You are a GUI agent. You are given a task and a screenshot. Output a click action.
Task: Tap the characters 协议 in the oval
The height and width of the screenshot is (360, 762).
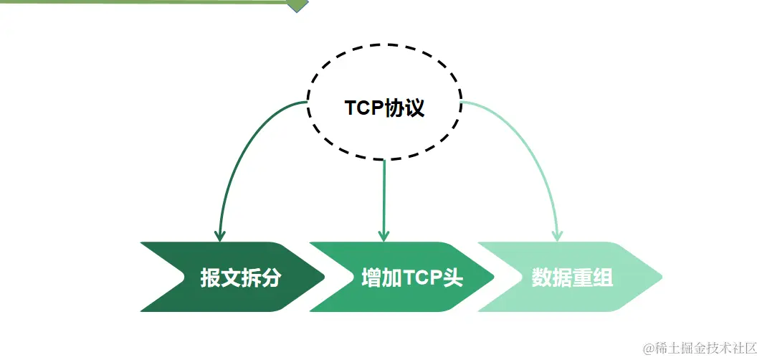(x=406, y=108)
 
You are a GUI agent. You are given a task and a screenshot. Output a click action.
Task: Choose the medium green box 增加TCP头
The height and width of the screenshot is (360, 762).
(x=401, y=278)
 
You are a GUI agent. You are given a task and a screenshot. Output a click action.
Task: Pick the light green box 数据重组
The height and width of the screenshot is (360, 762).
(x=570, y=278)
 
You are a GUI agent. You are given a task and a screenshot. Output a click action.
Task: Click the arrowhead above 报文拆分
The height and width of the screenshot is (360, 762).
(x=220, y=235)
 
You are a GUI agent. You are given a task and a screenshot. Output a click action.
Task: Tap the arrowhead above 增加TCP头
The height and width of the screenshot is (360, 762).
(x=384, y=235)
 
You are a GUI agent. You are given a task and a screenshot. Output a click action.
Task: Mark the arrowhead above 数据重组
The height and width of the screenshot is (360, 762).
(x=557, y=235)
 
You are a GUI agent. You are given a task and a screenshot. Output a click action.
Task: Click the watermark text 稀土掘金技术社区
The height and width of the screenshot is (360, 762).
(x=706, y=349)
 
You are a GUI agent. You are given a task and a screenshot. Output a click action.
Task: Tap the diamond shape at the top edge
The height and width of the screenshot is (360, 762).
(x=296, y=4)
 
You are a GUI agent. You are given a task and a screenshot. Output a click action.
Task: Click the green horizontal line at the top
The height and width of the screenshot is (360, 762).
(x=143, y=2)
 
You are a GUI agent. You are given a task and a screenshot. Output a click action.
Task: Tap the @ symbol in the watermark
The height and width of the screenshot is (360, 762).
(x=649, y=349)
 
